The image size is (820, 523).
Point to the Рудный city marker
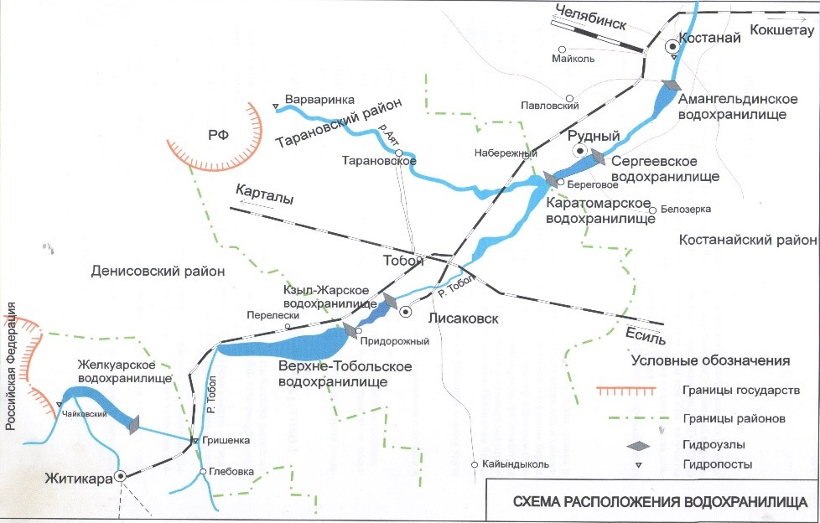pos(579,150)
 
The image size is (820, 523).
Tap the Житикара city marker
pos(121,476)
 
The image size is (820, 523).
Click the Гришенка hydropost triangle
pos(195,441)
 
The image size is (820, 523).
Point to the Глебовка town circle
pos(203,472)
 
